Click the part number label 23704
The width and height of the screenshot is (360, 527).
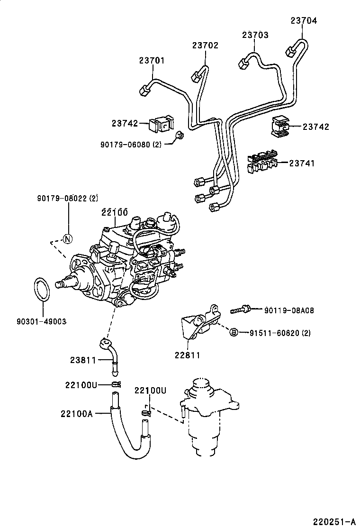303,20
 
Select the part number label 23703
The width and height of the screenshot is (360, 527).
255,35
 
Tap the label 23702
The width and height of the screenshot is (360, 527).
205,45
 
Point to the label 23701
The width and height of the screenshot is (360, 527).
152,60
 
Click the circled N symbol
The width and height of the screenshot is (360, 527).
67,238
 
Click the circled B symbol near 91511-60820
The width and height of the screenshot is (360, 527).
233,333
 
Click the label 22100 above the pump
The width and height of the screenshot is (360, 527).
115,212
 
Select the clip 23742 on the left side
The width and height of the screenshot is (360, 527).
160,125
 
